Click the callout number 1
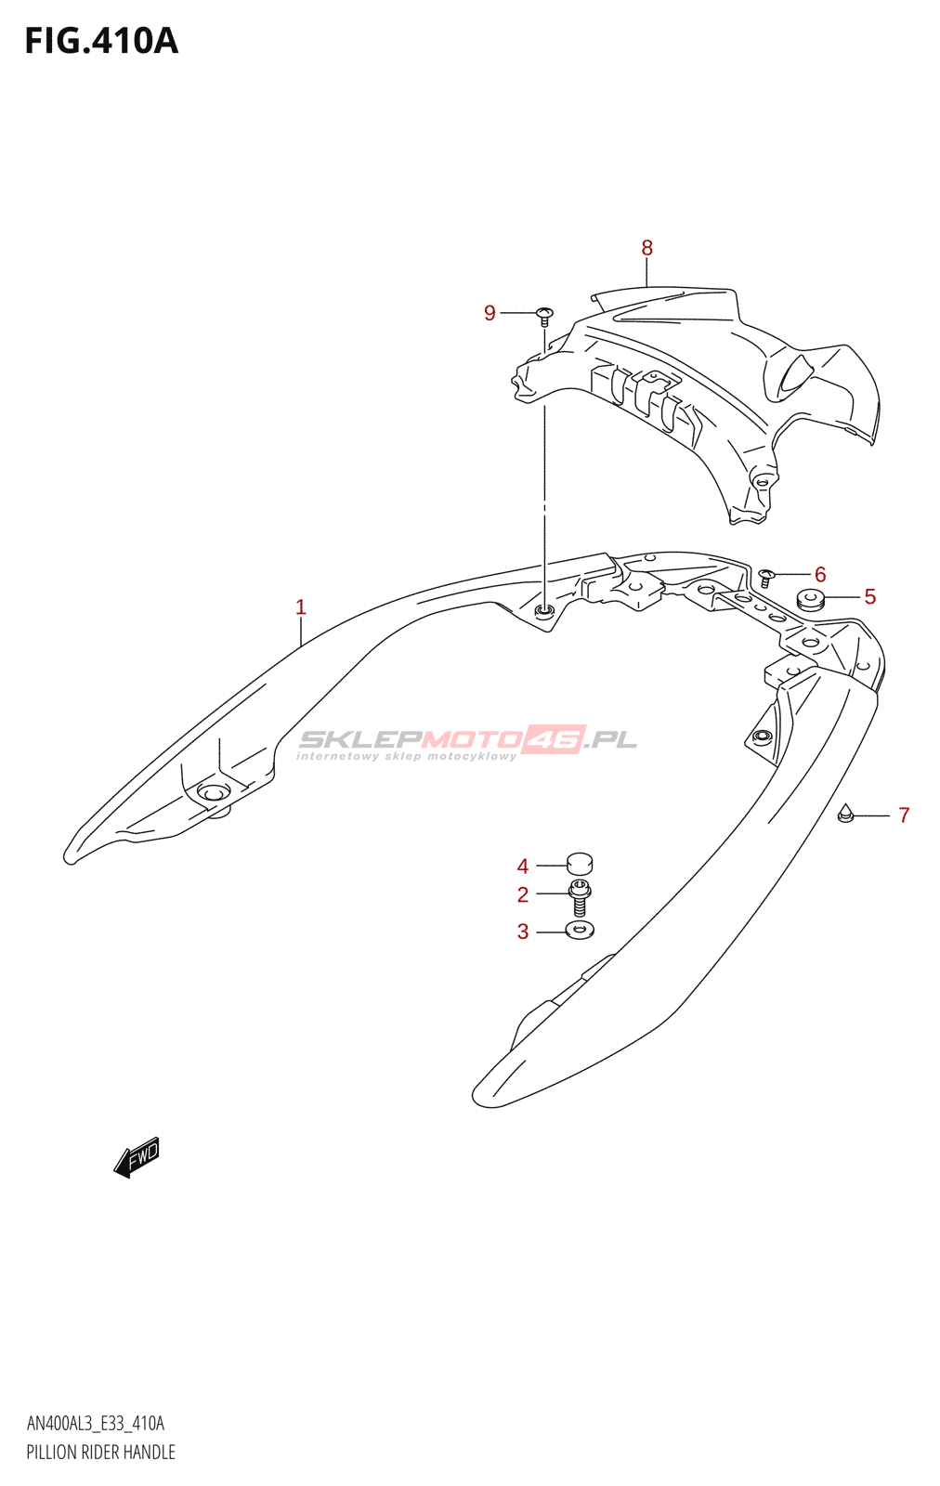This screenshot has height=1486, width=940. (300, 607)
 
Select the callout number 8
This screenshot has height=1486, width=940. (646, 248)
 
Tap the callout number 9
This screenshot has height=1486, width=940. (490, 313)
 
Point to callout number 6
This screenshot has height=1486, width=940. (820, 574)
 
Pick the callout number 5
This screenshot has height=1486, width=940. (869, 596)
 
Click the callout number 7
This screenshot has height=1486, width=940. (904, 815)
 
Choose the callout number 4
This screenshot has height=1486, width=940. (523, 867)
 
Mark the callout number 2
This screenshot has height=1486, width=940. (523, 894)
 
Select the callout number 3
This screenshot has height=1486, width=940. (523, 932)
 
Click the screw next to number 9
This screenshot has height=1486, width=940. (544, 315)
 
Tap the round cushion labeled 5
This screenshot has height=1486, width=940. (810, 600)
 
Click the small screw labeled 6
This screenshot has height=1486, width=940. (766, 577)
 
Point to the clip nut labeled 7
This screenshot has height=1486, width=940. (845, 814)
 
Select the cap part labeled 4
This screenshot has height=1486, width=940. (579, 865)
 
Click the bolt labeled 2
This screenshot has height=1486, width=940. (580, 898)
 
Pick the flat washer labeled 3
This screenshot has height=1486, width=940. (580, 930)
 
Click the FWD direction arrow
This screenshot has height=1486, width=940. (137, 1157)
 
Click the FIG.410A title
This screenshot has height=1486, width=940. (101, 41)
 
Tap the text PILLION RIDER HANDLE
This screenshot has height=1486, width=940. (100, 1453)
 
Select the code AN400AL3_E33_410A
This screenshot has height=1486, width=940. (95, 1424)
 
